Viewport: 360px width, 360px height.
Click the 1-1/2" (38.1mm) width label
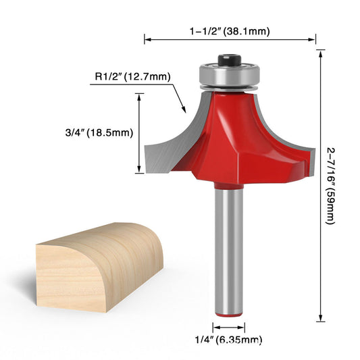231,30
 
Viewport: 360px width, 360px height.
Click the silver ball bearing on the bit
230,74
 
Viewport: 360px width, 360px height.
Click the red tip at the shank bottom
230,313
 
